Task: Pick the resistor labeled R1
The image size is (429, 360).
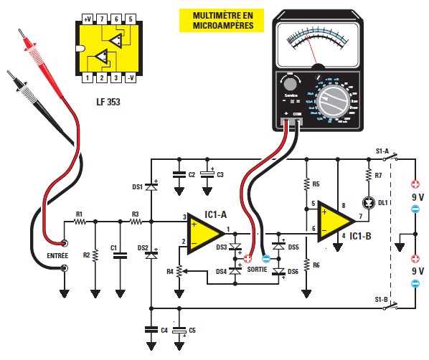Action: pos(80,222)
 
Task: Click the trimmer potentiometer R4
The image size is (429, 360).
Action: pos(179,270)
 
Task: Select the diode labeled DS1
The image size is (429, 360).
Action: pos(151,186)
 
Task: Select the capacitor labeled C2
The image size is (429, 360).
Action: pos(177,174)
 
